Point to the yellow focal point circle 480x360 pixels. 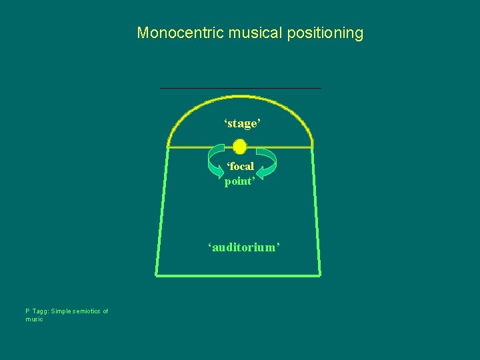coord(240,147)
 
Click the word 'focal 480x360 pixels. coord(240,167)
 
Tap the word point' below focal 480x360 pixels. coord(240,181)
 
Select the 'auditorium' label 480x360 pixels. coord(243,247)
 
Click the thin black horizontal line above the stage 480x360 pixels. coord(240,88)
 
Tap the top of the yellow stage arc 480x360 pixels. coord(240,96)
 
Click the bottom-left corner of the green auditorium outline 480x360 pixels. coord(157,274)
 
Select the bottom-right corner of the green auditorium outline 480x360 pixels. coord(320,274)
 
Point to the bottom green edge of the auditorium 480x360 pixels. coord(239,274)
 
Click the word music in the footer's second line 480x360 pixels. coord(34,319)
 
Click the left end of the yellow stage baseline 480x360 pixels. coord(168,147)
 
